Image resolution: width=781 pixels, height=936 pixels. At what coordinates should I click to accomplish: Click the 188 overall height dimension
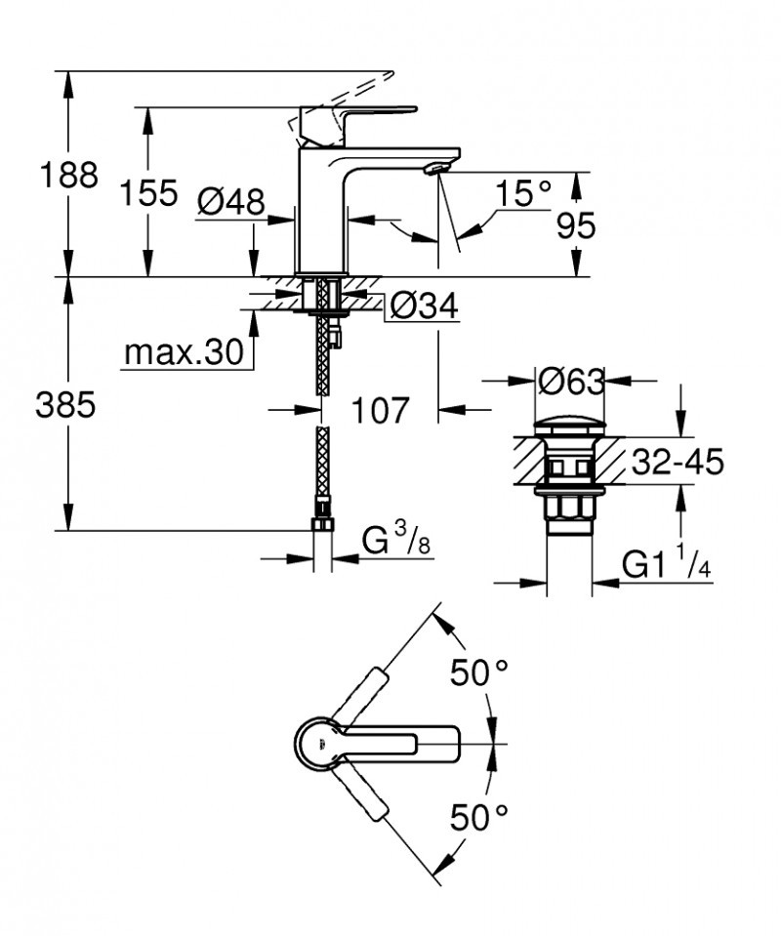point(67,176)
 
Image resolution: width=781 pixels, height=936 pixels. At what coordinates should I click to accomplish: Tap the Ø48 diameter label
point(230,202)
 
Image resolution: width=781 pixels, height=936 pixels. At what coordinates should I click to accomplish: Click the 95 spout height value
point(576,225)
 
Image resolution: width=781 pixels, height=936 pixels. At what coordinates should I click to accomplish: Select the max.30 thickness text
point(183,354)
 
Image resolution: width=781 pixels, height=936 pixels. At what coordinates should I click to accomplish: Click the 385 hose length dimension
point(65,406)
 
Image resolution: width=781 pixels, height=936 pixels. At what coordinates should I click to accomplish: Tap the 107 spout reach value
point(378,410)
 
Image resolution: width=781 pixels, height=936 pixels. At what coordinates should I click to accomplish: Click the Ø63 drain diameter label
point(570,383)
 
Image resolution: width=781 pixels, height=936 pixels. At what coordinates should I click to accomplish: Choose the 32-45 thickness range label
point(678,461)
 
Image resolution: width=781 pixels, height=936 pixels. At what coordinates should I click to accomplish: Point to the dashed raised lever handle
point(342,101)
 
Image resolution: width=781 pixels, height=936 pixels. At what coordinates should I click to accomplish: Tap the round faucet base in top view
point(317,745)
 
